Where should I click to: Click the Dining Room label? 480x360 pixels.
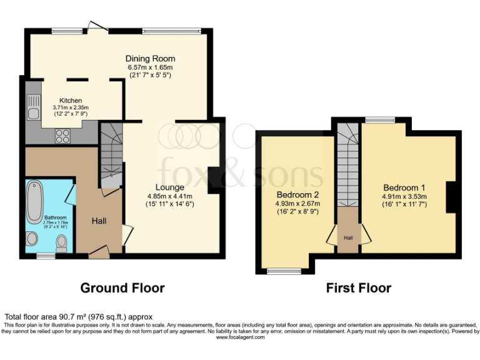tap(150, 59)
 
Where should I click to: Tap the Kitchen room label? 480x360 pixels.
tap(71, 101)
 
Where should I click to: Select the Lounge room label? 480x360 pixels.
tap(170, 187)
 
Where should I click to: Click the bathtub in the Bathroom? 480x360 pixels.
tap(36, 199)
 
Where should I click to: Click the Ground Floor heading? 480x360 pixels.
tap(122, 288)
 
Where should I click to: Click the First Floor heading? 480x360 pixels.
tap(359, 288)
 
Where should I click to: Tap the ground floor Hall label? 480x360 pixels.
tap(99, 221)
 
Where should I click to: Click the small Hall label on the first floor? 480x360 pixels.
tap(349, 237)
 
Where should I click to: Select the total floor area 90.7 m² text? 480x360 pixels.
tap(79, 317)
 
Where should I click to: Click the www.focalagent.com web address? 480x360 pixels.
tap(240, 337)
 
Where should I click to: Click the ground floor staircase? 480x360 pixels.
tap(111, 156)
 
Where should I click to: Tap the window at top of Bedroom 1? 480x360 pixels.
tap(380, 120)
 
